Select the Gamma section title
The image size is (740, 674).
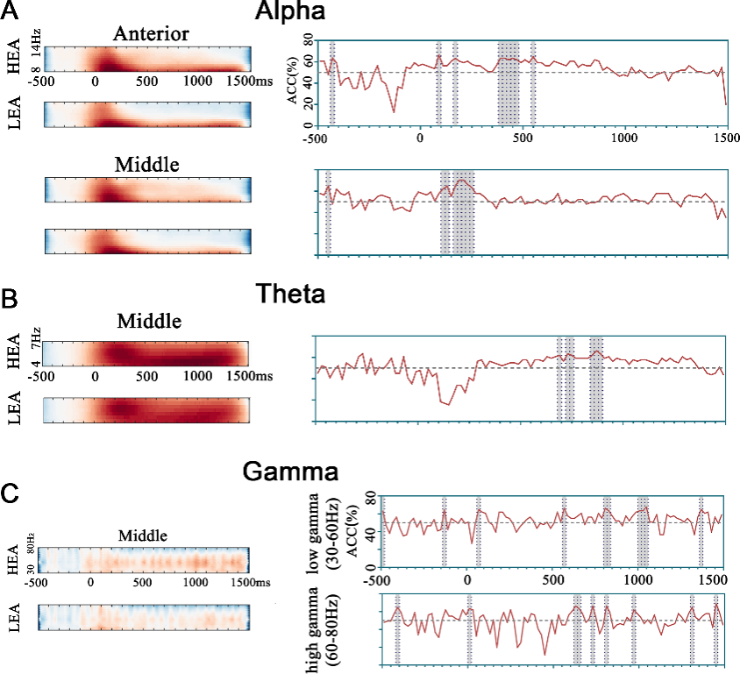(x=290, y=473)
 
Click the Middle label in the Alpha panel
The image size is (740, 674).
(x=146, y=164)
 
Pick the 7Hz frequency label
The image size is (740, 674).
(x=35, y=336)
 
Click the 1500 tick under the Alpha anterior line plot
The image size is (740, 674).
(x=725, y=138)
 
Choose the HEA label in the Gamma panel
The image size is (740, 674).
(x=12, y=554)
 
